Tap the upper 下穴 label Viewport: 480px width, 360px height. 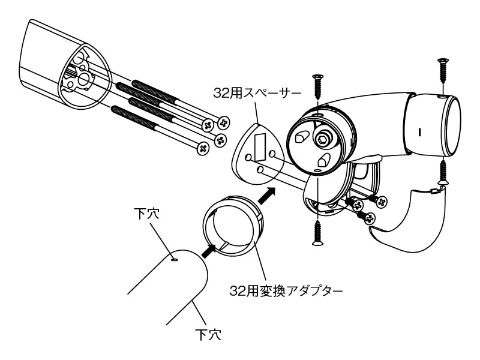pyautogui.click(x=148, y=214)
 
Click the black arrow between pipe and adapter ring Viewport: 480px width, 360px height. pyautogui.click(x=207, y=250)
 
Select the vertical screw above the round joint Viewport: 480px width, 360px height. pyautogui.click(x=317, y=89)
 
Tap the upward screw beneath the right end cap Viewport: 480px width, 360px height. pyautogui.click(x=443, y=171)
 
